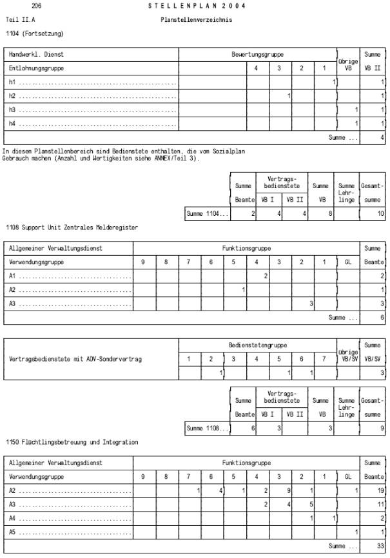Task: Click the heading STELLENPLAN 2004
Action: [197, 6]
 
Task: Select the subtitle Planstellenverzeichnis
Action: [196, 20]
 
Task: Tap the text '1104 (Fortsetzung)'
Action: [35, 33]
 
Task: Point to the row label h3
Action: [12, 110]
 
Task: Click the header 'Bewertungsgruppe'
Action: [258, 55]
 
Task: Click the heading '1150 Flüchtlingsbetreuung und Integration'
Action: [72, 442]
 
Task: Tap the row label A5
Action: [12, 532]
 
